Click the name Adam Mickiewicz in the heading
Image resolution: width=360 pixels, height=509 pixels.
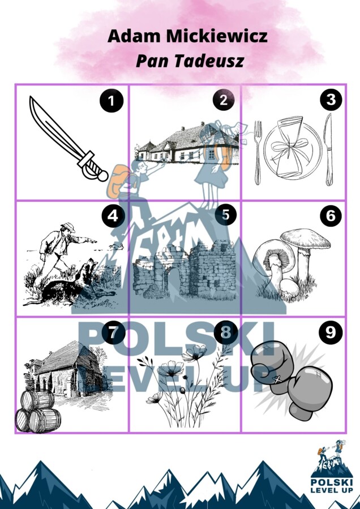187,37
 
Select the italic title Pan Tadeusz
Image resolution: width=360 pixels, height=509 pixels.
189,61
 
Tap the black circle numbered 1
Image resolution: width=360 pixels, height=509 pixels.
112,101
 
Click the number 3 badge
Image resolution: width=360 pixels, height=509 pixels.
331,100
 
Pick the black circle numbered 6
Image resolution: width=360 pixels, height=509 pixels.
331,215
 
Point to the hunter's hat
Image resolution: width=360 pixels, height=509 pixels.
68,227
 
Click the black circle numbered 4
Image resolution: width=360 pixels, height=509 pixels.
112,215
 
